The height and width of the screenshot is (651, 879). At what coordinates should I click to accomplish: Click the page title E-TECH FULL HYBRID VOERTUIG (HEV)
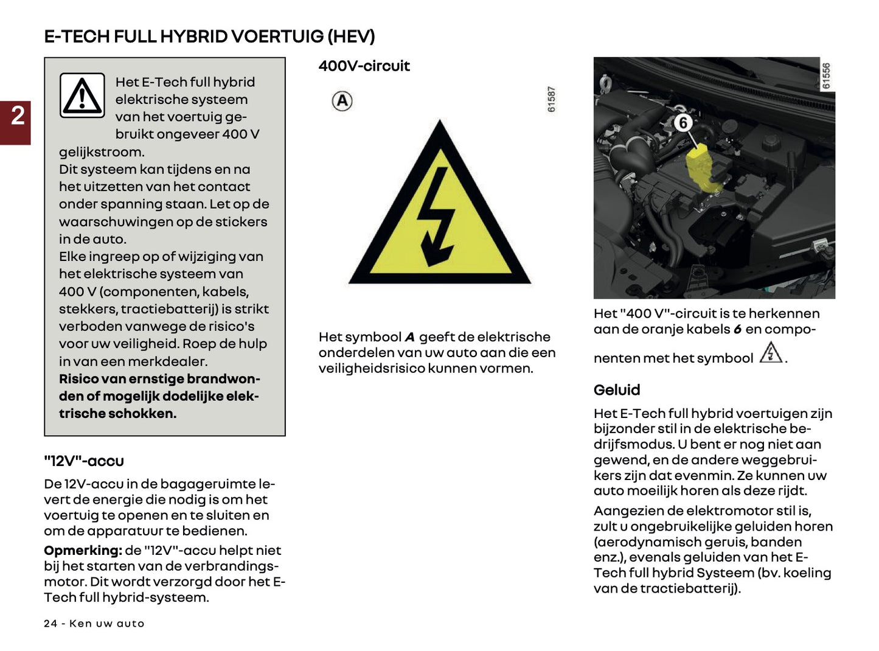pos(209,37)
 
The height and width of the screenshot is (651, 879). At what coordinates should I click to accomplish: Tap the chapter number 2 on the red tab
pos(18,116)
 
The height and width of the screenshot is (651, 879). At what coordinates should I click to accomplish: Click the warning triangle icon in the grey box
pos(82,96)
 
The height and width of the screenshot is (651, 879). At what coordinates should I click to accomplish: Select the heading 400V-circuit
pos(364,66)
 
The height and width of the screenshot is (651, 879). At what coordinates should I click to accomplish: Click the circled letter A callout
pos(342,101)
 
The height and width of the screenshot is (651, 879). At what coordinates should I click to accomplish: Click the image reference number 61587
pos(551,99)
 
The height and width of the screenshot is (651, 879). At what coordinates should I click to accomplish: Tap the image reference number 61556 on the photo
pos(826,76)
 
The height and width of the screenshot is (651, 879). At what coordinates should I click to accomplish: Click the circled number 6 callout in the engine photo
pos(683,123)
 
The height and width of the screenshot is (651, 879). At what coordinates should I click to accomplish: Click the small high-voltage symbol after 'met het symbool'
pos(771,353)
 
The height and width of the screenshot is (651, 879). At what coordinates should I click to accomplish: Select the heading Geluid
pos(617,390)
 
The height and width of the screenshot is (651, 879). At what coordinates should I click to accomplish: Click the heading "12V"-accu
pos(84,461)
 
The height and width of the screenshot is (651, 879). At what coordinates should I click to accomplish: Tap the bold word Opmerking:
pos(83,551)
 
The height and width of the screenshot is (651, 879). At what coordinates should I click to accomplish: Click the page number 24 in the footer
pos(50,624)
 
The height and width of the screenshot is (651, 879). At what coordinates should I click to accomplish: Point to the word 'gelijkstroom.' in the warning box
pos(102,152)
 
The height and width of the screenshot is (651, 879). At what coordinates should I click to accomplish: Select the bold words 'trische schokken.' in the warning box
pos(117,414)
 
